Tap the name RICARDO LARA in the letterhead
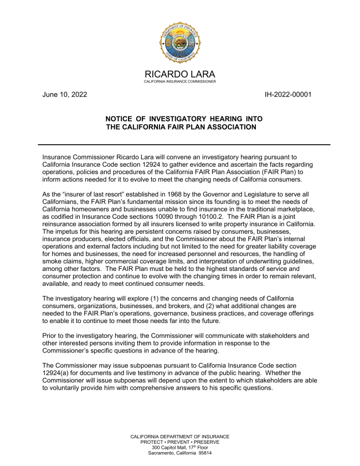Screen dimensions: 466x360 tap(180, 75)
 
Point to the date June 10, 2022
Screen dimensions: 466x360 tap(65, 94)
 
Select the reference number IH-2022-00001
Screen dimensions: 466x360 tap(289, 94)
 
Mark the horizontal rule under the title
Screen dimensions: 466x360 tap(180, 145)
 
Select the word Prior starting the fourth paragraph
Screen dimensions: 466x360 tap(50, 336)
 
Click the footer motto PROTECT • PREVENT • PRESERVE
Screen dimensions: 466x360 tap(180, 442)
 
